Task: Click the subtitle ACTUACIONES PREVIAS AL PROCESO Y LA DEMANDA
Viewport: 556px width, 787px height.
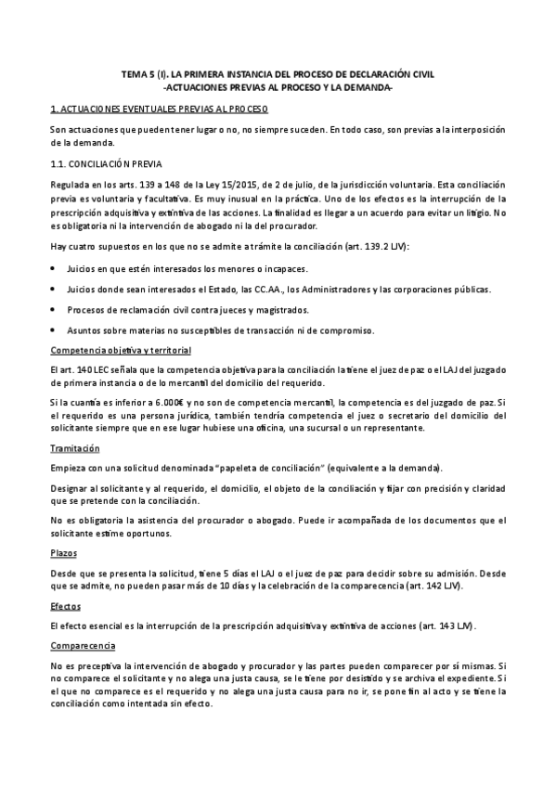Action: point(278,87)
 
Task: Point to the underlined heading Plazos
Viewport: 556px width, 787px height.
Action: point(64,551)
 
